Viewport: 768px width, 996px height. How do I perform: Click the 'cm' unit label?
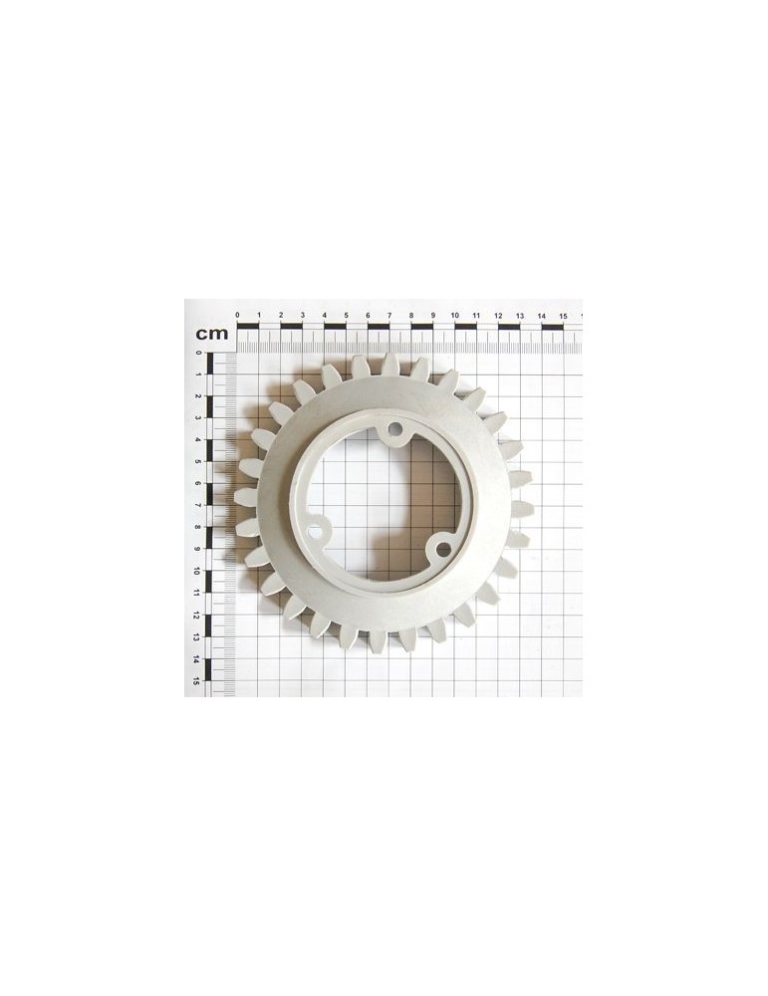point(211,333)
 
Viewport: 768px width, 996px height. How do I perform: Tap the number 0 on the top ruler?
point(238,315)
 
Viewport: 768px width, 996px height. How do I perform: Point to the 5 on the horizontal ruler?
point(347,315)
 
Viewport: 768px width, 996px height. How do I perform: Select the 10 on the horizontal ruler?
point(455,315)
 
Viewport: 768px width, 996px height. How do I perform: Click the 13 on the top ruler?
point(520,316)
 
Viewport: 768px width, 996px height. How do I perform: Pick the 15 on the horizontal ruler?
point(563,316)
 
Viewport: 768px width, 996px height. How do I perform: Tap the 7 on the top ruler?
point(389,315)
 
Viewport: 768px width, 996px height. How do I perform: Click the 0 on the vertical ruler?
point(199,353)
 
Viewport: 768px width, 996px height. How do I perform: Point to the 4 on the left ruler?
point(198,439)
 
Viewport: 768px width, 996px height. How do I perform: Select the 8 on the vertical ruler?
point(198,527)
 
